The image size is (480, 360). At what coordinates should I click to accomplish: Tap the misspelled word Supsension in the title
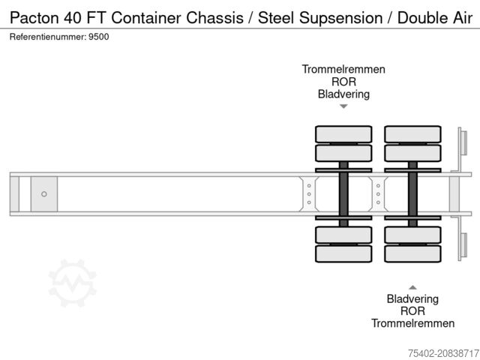(x=337, y=17)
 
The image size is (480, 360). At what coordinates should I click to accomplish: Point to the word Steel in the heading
(x=274, y=17)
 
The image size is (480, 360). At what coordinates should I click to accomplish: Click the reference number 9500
(x=98, y=36)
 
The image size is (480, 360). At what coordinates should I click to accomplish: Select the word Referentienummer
(x=47, y=36)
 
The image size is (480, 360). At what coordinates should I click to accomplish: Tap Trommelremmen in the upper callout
(x=343, y=69)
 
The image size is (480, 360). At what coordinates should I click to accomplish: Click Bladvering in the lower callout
(x=412, y=298)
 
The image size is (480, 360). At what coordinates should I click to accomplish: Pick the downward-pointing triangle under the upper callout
(x=343, y=106)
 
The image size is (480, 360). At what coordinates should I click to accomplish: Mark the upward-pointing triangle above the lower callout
(x=412, y=286)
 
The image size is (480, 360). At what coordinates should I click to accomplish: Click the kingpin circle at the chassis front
(x=44, y=194)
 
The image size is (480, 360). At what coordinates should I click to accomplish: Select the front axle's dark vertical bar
(x=343, y=194)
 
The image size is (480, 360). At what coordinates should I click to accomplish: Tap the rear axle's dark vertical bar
(x=412, y=194)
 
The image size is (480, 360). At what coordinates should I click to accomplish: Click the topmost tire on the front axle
(x=343, y=134)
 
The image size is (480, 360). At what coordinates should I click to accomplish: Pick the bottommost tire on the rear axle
(x=412, y=253)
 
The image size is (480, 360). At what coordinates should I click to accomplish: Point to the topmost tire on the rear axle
(x=412, y=134)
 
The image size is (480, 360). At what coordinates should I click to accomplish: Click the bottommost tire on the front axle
(x=343, y=253)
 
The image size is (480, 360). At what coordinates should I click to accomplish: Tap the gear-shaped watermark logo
(x=73, y=283)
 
